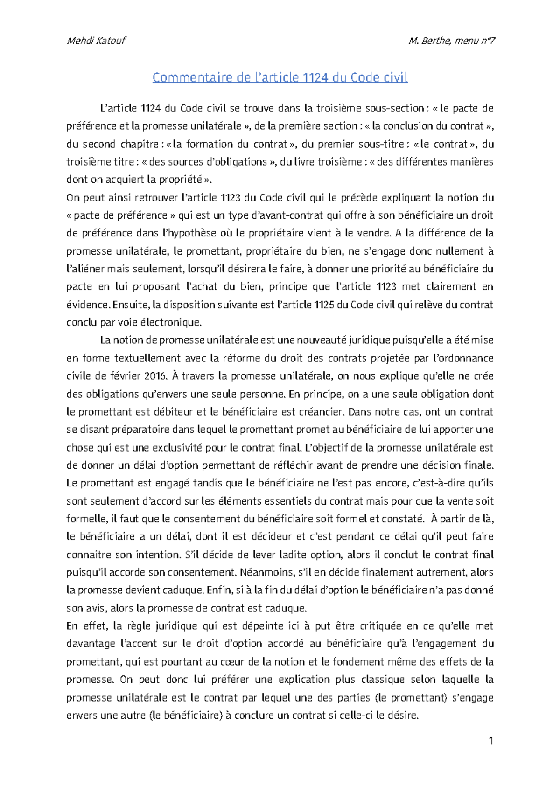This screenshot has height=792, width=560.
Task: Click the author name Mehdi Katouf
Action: [96, 41]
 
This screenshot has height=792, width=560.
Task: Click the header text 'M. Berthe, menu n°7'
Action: [451, 41]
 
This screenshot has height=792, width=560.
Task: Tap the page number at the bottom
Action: [490, 741]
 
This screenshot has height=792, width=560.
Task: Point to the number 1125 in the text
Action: [324, 305]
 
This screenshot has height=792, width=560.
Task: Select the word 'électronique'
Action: [173, 322]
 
